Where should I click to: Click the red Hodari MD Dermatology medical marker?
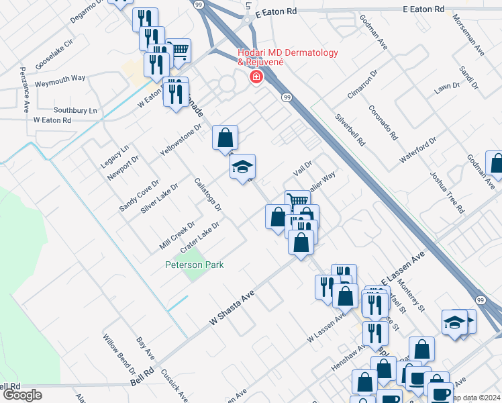click(x=256, y=77)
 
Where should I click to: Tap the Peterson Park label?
click(x=195, y=265)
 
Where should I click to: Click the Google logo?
click(x=22, y=395)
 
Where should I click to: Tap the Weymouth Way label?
click(x=60, y=79)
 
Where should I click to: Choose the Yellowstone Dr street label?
click(x=181, y=140)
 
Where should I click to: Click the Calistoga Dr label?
click(x=207, y=194)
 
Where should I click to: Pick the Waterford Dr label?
click(x=418, y=150)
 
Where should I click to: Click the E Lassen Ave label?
click(x=403, y=269)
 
